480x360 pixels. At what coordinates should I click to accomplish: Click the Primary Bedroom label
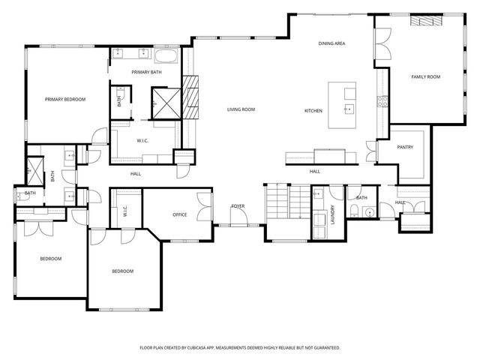tap(64, 99)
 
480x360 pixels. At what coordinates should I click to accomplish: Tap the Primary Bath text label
tap(146, 72)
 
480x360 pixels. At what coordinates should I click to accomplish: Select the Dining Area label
tap(331, 43)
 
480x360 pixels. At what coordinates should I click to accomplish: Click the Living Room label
tap(241, 109)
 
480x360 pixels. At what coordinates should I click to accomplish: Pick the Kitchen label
tap(313, 111)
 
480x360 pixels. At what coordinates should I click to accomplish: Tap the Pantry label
tap(406, 147)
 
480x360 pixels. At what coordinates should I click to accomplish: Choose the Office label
tap(179, 215)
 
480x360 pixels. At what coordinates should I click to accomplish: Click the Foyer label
tap(238, 205)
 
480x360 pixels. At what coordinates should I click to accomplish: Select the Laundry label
tap(331, 214)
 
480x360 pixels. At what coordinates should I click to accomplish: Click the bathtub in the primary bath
tap(166, 55)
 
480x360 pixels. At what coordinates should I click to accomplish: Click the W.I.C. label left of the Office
tap(125, 211)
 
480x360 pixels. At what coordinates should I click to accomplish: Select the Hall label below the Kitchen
tap(315, 172)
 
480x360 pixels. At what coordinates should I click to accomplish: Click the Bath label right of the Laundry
tap(361, 198)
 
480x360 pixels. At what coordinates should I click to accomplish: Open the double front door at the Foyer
tap(238, 224)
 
